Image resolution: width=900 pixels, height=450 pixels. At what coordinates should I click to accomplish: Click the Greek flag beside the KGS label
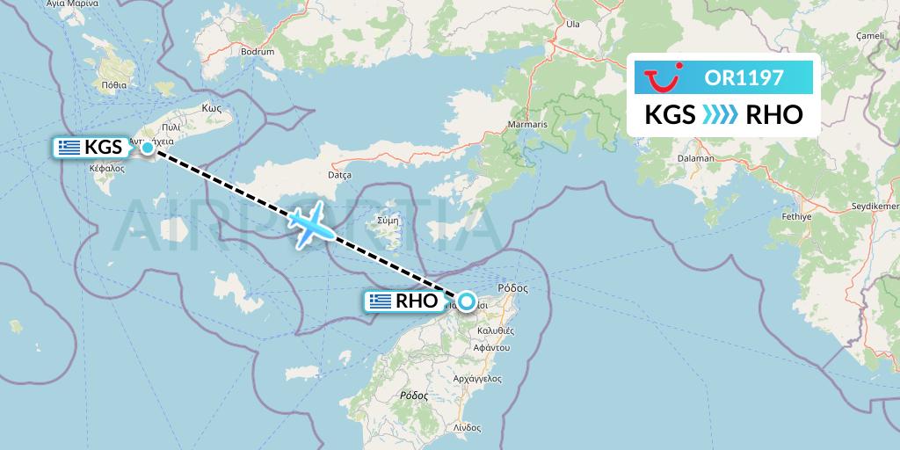[69, 148]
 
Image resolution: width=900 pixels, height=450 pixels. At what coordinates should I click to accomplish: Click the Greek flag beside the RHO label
[381, 301]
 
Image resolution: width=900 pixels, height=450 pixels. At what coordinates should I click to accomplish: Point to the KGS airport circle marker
[148, 148]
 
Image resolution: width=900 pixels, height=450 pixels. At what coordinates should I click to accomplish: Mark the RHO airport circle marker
[466, 301]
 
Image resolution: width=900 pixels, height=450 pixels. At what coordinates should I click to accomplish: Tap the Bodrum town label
[258, 52]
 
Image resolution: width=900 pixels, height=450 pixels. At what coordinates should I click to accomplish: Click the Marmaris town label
[527, 126]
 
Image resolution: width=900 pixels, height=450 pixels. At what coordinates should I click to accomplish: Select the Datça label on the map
[339, 176]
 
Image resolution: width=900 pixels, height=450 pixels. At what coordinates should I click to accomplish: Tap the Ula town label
[573, 25]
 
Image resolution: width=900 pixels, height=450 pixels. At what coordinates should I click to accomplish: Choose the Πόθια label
[114, 85]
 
